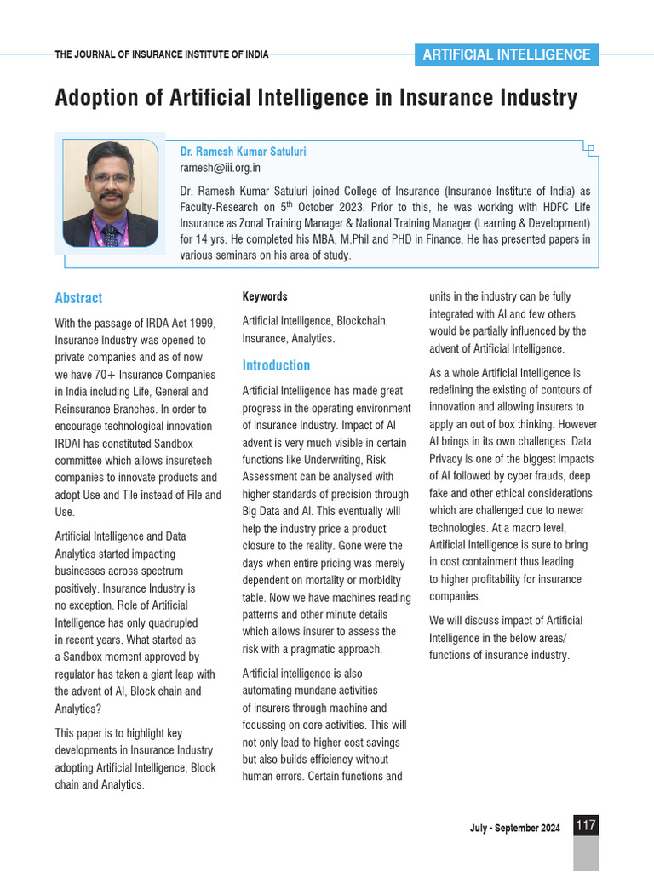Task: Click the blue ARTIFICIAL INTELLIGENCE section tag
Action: click(506, 54)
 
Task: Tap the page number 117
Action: click(586, 825)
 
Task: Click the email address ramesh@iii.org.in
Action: click(220, 168)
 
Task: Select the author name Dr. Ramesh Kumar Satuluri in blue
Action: click(243, 152)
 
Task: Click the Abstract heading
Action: click(78, 298)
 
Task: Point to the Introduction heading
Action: click(276, 365)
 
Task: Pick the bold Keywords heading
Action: click(265, 296)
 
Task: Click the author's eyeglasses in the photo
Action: click(110, 178)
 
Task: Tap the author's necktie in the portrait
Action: click(110, 234)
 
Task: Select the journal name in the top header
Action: click(162, 54)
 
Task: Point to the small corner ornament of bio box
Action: click(588, 149)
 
